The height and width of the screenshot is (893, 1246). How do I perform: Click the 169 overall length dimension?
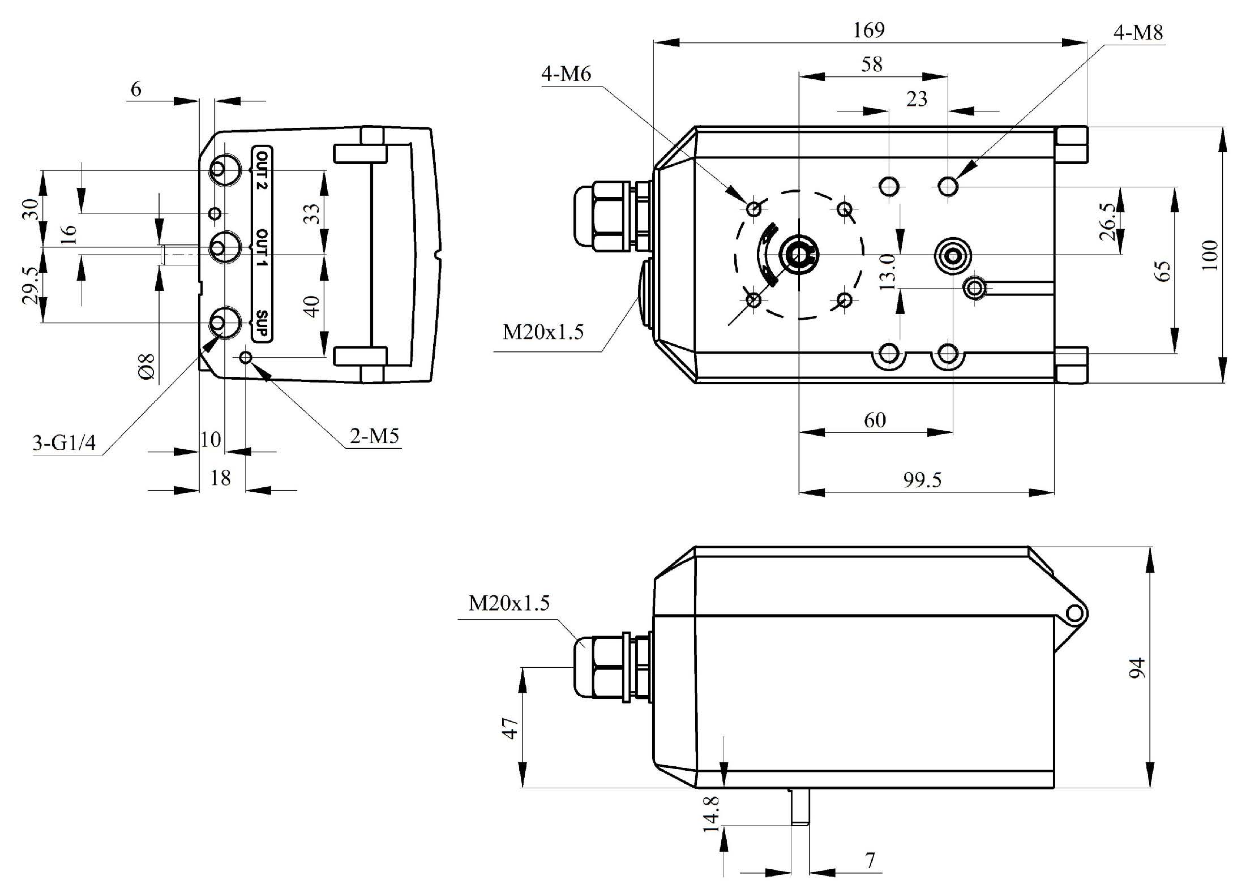point(868,29)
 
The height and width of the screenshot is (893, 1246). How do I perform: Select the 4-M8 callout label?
point(1138,33)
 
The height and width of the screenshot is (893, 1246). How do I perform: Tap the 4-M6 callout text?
point(566,74)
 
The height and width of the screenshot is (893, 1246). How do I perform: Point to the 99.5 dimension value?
point(922,480)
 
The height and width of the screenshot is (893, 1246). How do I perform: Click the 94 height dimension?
point(1137,668)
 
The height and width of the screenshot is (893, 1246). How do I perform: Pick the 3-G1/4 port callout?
point(64,443)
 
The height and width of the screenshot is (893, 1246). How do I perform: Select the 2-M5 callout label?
point(374,436)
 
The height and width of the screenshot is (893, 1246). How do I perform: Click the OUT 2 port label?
point(262,170)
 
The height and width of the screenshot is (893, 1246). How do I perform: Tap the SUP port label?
point(262,323)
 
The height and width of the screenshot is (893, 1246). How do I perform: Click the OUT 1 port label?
point(262,248)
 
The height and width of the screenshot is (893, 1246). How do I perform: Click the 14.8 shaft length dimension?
point(711,814)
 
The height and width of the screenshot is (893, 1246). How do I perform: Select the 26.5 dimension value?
point(1108,222)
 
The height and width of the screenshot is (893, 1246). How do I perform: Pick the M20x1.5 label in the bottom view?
point(509,603)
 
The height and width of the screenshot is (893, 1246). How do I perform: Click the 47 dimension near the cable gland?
point(510,728)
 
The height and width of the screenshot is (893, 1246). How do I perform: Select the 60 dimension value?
point(875,420)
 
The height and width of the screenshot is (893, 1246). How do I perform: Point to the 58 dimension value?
point(871,65)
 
